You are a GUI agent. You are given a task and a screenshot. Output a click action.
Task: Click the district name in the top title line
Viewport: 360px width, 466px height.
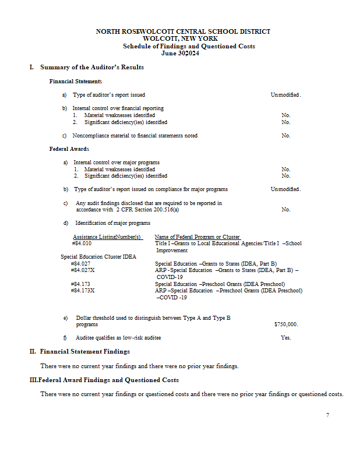[x=183, y=31]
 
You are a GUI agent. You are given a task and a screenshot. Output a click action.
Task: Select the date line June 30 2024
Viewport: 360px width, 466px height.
[x=183, y=53]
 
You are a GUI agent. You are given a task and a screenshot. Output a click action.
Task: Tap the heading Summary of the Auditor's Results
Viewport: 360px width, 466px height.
[x=92, y=68]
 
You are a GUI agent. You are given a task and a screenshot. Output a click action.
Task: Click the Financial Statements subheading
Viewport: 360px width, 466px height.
[x=76, y=82]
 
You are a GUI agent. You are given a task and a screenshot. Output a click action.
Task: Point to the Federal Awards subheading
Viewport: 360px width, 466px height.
[x=69, y=149]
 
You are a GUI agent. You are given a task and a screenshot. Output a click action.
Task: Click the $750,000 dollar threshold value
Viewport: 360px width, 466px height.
[x=285, y=324]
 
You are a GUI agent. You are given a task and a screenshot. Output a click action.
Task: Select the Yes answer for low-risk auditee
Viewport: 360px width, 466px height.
[x=285, y=338]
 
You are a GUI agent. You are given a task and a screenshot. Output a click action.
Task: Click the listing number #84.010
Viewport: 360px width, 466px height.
[x=80, y=243]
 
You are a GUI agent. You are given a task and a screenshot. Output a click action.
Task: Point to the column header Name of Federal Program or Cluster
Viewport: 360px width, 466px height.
[x=197, y=237]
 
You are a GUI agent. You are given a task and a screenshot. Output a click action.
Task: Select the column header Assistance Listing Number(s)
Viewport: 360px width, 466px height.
[x=107, y=237]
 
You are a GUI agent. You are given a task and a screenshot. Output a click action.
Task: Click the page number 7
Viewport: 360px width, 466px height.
[x=327, y=415]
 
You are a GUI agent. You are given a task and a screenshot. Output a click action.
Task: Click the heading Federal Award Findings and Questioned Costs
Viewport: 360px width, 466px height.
[x=109, y=380]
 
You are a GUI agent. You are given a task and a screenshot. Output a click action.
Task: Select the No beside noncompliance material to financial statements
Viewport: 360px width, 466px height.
[x=285, y=136]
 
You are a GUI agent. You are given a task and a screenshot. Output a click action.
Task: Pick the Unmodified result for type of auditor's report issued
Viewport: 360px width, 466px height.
[x=285, y=94]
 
